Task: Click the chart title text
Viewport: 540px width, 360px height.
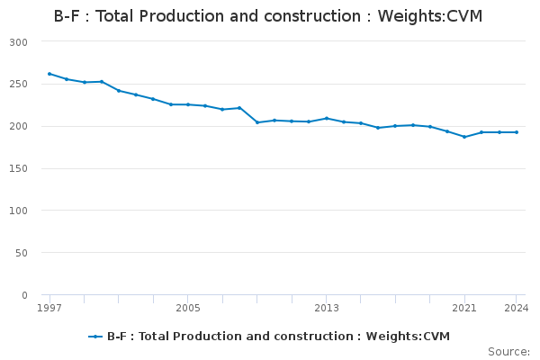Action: coord(268,15)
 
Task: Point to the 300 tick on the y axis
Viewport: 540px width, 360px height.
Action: coord(19,42)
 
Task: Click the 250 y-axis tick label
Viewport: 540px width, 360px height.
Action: coord(19,85)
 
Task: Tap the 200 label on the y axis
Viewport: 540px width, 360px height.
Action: coord(19,127)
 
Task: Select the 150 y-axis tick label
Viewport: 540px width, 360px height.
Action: coord(19,169)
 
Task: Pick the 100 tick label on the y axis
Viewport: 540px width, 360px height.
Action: coord(19,211)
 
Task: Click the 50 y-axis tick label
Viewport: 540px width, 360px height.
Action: coord(22,253)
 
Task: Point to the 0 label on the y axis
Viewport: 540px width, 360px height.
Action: coord(24,295)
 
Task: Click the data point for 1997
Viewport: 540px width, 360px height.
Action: coord(49,74)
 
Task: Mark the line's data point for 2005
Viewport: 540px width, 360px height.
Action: coord(188,104)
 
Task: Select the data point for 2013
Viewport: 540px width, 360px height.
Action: coord(326,118)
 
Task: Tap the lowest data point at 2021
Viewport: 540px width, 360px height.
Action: coord(464,137)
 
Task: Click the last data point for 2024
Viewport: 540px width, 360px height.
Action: coord(516,132)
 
